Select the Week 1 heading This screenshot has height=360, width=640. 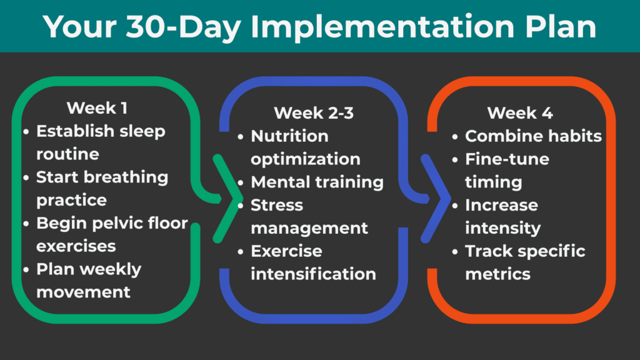coord(97,108)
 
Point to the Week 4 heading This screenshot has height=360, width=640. coord(519,113)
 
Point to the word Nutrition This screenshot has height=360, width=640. coord(289,136)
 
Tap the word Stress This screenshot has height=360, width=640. coord(277,205)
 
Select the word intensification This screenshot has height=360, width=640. coord(313,274)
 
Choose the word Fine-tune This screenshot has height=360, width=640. coord(507,159)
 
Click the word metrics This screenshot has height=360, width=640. coord(497,274)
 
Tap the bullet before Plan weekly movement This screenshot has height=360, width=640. coord(26,270)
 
